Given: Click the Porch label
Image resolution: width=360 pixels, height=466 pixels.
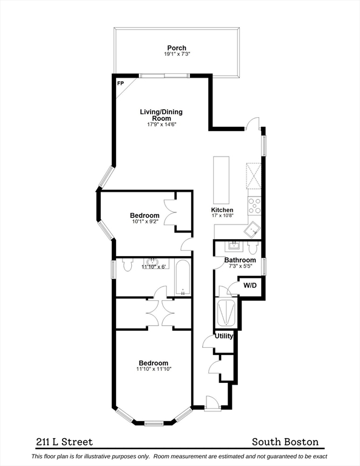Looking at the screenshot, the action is (177, 48).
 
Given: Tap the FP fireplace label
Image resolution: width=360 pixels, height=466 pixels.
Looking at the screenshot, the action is (120, 84).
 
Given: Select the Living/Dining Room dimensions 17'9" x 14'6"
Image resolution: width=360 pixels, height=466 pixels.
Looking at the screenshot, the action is (161, 124).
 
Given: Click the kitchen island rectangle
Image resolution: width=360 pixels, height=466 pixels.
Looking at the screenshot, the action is (221, 179).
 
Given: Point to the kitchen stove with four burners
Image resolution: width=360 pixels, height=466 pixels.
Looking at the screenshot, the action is (254, 206).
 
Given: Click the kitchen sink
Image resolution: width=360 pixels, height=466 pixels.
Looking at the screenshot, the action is (253, 229).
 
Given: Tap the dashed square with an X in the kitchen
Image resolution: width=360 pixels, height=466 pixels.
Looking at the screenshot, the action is (254, 176).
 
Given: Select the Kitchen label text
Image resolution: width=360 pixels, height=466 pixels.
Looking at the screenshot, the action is (222, 210).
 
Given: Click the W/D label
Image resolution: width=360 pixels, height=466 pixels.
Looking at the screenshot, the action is (250, 286).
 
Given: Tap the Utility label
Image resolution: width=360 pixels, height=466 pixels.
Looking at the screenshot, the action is (224, 336).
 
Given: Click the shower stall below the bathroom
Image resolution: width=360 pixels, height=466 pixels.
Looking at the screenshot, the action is (226, 313).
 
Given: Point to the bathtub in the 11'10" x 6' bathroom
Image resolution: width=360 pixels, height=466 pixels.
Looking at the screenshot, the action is (182, 277).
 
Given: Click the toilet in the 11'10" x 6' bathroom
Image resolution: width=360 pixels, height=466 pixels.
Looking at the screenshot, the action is (127, 265).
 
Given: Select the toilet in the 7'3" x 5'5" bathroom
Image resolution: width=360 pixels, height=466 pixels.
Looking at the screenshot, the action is (253, 248).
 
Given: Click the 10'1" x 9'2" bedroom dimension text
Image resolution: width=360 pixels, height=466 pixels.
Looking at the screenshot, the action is (145, 221).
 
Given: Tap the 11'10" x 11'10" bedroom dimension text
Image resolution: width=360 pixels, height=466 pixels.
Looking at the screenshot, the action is (154, 369).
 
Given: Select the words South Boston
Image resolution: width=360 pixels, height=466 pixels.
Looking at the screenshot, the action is (285, 442).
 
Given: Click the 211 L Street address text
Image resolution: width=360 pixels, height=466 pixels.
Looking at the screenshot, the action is (64, 442).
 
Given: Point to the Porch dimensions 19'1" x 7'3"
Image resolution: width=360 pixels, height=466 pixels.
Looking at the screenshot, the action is (177, 54).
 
